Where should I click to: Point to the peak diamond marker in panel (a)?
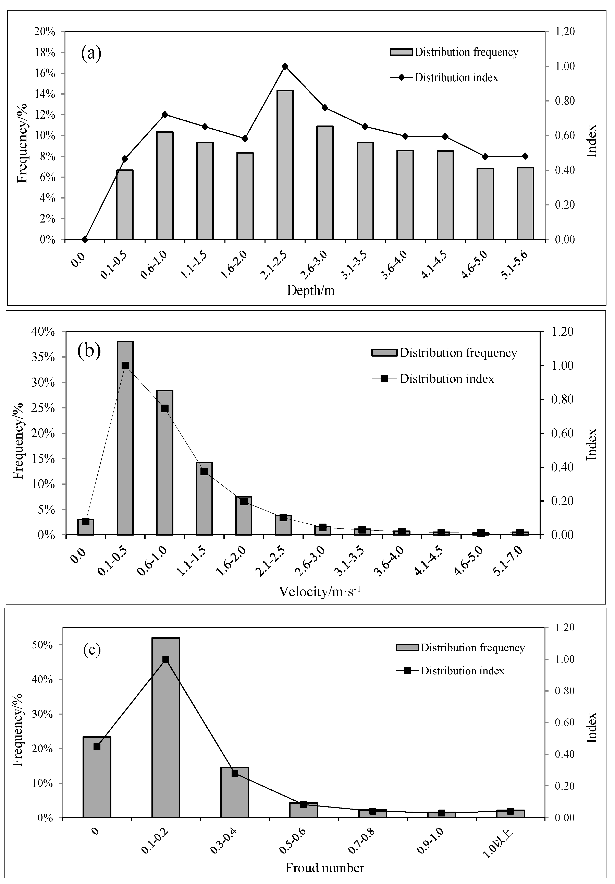(285, 66)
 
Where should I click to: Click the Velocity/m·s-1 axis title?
(319, 591)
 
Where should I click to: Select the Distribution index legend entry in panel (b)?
(446, 379)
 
